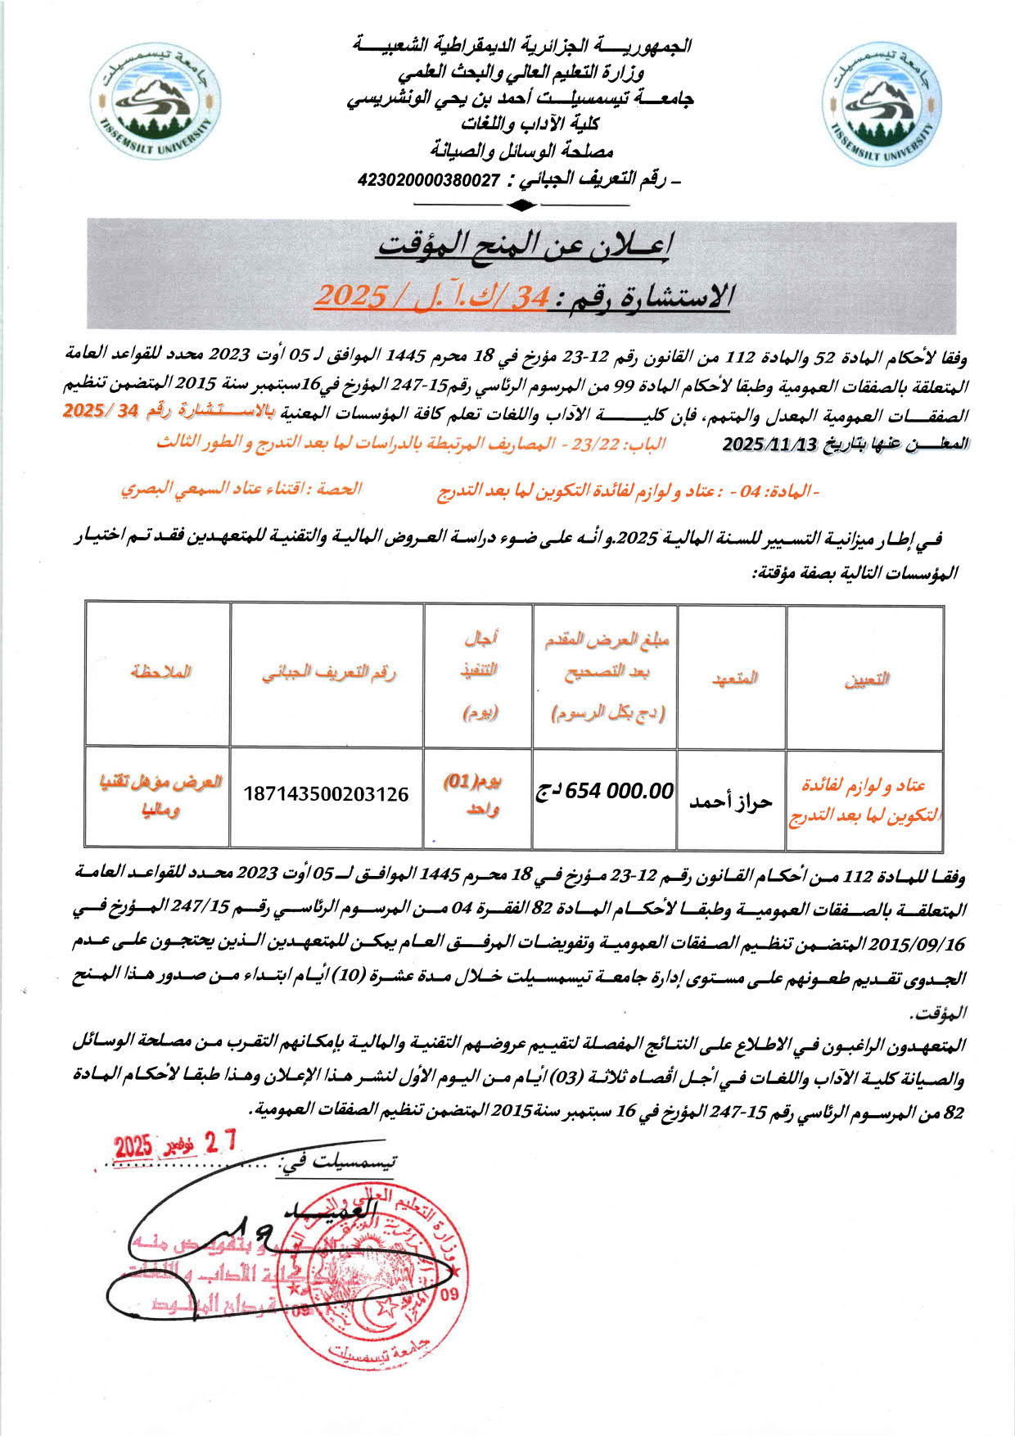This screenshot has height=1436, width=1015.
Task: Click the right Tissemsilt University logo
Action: tap(881, 105)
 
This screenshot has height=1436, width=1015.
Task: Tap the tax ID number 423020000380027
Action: tap(428, 180)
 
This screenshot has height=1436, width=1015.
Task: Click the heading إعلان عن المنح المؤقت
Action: tap(523, 244)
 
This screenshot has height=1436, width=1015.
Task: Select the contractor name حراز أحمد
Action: tap(731, 801)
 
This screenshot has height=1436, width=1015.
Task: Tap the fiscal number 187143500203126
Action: tap(326, 793)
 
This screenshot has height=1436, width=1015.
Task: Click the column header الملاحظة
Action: tap(160, 672)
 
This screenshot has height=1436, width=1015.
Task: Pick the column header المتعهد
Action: tap(734, 679)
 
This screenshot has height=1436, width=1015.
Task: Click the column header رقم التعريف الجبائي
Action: tap(328, 674)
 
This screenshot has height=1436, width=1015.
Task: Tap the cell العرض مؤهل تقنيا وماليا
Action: tap(160, 795)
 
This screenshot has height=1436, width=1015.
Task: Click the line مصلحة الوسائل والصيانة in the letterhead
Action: tap(522, 151)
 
